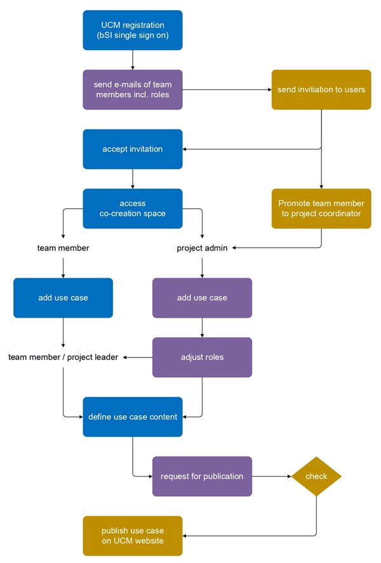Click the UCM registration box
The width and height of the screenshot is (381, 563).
pyautogui.click(x=133, y=30)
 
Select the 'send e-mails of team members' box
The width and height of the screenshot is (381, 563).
pyautogui.click(x=133, y=89)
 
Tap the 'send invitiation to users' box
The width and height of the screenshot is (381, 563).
pyautogui.click(x=321, y=89)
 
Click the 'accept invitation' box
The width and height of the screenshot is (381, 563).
pyautogui.click(x=133, y=149)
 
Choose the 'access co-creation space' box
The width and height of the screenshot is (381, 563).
pyautogui.click(x=133, y=209)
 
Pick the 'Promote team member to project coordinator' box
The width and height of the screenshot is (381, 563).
pyautogui.click(x=321, y=209)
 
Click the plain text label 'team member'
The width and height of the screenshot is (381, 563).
pyautogui.click(x=63, y=248)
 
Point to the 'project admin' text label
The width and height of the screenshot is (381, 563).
pyautogui.click(x=202, y=248)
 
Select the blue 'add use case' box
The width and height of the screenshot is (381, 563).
pyautogui.click(x=63, y=297)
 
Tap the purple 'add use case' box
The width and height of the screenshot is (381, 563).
pyautogui.click(x=202, y=297)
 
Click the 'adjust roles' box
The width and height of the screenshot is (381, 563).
pyautogui.click(x=202, y=357)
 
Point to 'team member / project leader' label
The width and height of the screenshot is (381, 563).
pyautogui.click(x=63, y=357)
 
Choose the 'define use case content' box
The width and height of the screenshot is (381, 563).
pyautogui.click(x=133, y=417)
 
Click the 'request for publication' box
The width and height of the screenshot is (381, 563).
pyautogui.click(x=202, y=476)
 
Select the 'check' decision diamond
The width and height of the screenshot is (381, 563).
pyautogui.click(x=316, y=476)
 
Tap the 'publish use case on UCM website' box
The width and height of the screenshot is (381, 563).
pyautogui.click(x=133, y=536)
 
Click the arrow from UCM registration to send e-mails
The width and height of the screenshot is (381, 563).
pyautogui.click(x=133, y=60)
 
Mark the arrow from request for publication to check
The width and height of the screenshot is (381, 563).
pyautogui.click(x=271, y=476)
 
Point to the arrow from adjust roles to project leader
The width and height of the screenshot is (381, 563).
pyautogui.click(x=137, y=357)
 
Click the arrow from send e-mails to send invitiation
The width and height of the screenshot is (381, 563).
pyautogui.click(x=227, y=89)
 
